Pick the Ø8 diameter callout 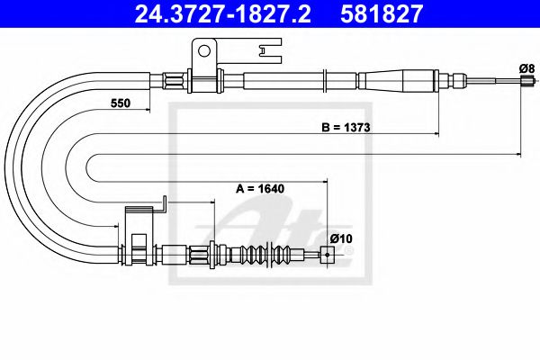[526, 67]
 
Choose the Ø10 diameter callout [340, 238]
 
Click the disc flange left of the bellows [212, 256]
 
